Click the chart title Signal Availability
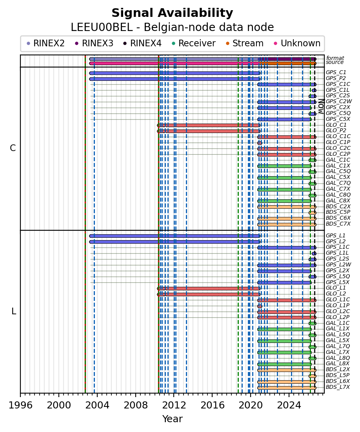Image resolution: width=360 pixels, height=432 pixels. coord(172,13)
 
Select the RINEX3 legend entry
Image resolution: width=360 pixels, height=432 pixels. coord(94,43)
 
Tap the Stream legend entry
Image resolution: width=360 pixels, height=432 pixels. coord(245,43)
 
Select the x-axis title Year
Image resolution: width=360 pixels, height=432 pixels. coord(172,419)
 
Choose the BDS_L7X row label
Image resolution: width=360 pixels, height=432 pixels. coord(338,387)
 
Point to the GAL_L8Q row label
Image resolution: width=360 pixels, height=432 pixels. coord(338,358)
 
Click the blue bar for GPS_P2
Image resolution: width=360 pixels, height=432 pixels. coord(175,79)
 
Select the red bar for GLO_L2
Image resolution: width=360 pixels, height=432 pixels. coord(209,294)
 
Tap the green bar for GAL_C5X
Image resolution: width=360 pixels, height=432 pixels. coord(285,178)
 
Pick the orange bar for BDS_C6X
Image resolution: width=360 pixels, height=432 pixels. coord(287,219)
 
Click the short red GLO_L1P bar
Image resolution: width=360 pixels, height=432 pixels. coord(260,306)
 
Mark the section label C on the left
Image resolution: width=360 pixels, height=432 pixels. coord(13,148)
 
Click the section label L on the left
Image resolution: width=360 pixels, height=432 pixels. coord(13,312)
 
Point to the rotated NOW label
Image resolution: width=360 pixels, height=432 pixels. coord(321,106)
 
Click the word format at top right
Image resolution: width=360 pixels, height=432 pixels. coord(335,58)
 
